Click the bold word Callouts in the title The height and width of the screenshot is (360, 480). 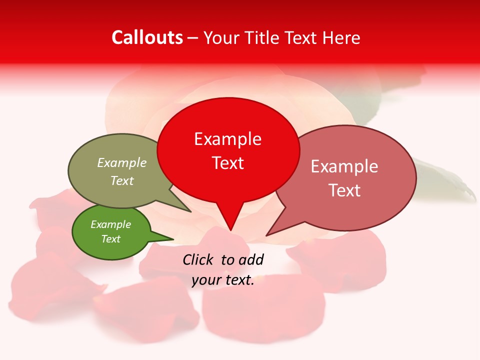(147, 37)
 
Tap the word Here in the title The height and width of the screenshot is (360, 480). (341, 37)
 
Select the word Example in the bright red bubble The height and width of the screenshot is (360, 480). (227, 139)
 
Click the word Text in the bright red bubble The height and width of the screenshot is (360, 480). (227, 163)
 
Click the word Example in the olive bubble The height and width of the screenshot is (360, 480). (122, 162)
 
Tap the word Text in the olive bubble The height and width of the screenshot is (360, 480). (122, 180)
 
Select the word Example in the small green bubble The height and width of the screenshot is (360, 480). (110, 224)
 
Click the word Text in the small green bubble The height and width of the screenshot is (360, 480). (110, 239)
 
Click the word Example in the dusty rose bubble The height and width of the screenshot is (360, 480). (344, 166)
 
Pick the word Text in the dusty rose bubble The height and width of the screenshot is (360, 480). (344, 190)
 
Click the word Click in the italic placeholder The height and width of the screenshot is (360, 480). (198, 259)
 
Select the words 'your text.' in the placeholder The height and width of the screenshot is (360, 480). (223, 280)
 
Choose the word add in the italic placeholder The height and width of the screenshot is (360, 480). (251, 259)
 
